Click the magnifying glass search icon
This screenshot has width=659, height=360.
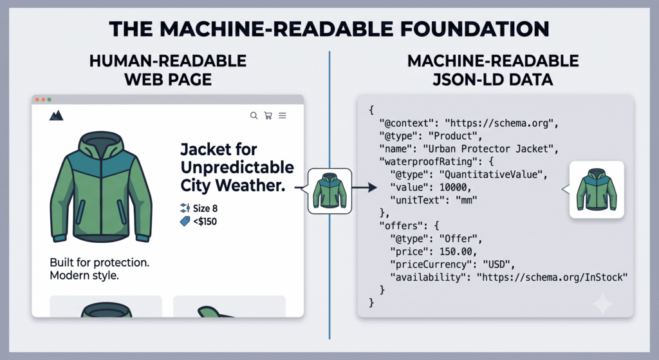254,115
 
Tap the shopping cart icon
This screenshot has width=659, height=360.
268,115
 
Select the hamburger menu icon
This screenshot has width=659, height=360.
283,115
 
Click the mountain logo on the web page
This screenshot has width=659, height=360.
57,115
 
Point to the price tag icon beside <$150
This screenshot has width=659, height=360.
185,221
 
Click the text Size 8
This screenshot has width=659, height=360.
205,208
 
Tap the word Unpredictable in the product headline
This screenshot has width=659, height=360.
237,167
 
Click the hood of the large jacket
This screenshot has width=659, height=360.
101,145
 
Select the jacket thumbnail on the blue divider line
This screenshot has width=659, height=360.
329,191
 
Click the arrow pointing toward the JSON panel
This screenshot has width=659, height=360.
364,187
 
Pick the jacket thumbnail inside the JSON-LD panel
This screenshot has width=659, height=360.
597,189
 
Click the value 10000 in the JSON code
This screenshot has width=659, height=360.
453,187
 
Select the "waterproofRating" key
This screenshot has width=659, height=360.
425,162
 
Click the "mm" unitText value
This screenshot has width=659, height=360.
467,200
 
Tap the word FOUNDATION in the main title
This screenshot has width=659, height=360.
474,29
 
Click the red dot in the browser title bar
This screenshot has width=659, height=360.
37,100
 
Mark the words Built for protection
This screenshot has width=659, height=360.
100,262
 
